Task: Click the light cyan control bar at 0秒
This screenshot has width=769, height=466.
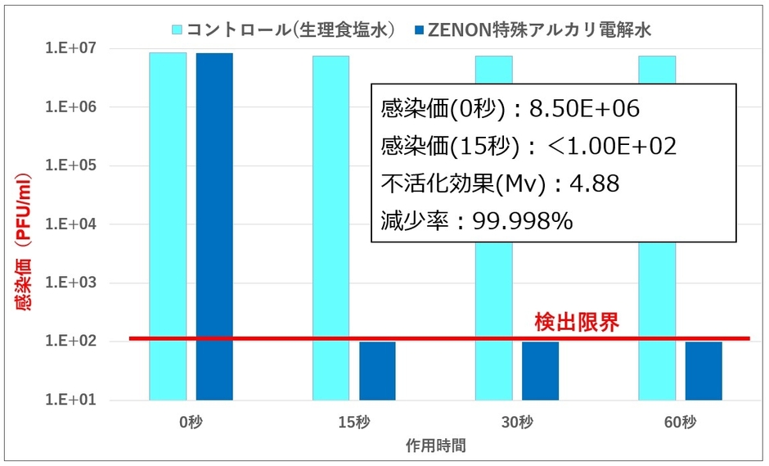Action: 168,226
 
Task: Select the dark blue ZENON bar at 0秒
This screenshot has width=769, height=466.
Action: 214,226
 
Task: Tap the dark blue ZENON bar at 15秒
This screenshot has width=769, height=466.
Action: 377,370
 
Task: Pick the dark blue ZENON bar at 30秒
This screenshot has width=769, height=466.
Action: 540,370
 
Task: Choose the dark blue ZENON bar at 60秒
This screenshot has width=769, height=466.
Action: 704,370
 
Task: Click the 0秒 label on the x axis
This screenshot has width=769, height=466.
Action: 191,423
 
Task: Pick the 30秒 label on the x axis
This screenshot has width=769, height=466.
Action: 517,423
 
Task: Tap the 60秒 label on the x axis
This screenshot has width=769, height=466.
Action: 681,423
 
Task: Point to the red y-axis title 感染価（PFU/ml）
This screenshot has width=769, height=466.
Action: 24,242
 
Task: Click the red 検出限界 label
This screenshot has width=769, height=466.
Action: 576,322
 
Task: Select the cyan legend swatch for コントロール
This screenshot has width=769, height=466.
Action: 177,30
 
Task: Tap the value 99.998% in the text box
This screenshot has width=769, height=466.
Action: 524,220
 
